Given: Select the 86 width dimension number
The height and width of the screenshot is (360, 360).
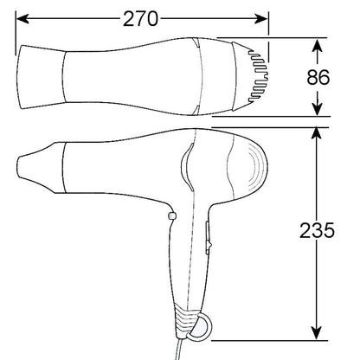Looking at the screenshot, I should tap(318, 76).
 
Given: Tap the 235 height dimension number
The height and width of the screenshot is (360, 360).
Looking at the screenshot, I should tap(318, 231).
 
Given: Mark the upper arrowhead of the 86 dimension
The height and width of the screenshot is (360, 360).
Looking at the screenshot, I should tap(318, 45).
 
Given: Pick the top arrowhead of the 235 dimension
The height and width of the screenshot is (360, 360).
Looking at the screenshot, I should tap(318, 131).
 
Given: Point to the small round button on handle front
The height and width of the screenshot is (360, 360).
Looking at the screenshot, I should tap(171, 215).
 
